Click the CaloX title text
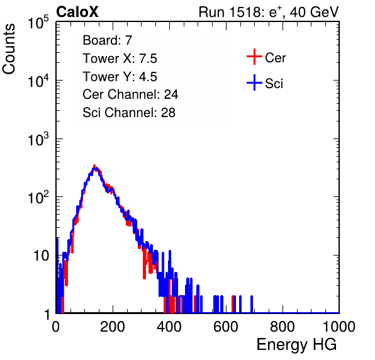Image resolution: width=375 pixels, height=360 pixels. [77, 12]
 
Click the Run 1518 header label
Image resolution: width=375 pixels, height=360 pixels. [269, 13]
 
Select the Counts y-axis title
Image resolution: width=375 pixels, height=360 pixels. [9, 49]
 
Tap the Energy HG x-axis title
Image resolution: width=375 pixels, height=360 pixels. [296, 345]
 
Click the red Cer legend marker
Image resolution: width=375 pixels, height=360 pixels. [254, 57]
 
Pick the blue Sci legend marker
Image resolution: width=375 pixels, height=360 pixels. [254, 83]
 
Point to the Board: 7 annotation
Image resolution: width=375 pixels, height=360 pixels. [108, 40]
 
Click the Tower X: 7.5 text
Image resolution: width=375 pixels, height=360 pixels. [120, 59]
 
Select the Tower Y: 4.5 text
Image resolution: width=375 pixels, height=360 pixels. [120, 77]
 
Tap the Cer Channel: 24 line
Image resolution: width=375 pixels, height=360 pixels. [130, 94]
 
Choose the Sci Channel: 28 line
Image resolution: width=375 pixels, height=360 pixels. [129, 113]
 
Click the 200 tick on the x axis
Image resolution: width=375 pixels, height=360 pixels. [113, 327]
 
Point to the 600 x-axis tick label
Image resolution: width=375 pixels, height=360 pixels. [226, 327]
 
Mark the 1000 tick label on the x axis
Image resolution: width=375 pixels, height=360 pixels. [339, 327]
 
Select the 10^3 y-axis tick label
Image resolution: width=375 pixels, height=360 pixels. [38, 139]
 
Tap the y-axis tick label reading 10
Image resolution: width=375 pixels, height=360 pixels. [42, 256]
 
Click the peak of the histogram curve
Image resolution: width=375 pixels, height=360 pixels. [94, 166]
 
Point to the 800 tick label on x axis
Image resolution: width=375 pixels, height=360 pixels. [283, 327]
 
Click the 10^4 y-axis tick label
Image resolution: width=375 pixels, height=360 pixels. [38, 81]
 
